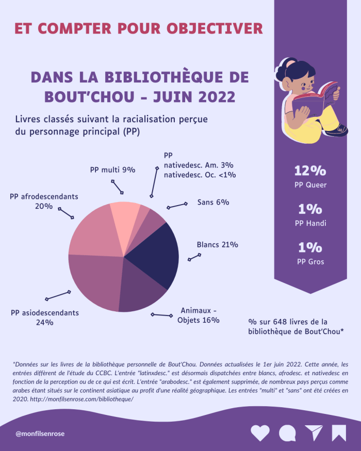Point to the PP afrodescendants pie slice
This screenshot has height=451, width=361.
tap(90, 232)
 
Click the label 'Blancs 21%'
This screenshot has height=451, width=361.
tap(217, 245)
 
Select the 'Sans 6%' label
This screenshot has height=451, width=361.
tap(213, 202)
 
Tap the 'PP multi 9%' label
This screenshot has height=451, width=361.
tap(112, 170)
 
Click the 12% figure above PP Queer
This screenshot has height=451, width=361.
tap(310, 171)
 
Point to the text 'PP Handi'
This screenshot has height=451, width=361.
tap(310, 223)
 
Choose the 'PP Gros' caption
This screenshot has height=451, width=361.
tap(310, 261)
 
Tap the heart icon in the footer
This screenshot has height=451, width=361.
tap(260, 433)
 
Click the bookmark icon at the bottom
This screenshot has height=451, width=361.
tap(339, 433)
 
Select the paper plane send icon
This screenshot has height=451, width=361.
tap(313, 433)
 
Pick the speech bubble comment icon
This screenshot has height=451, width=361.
tap(287, 433)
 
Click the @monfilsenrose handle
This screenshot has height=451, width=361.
tap(40, 434)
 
